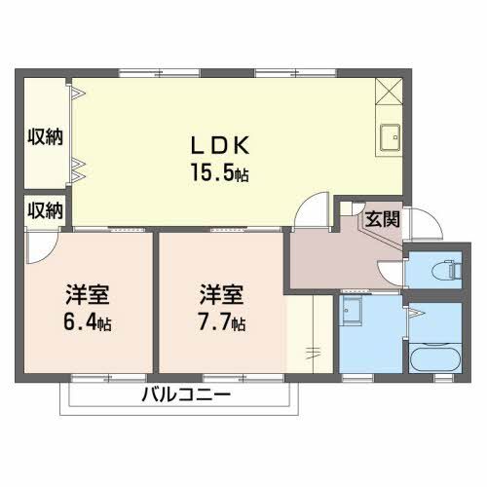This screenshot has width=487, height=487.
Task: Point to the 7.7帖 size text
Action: click(223, 321)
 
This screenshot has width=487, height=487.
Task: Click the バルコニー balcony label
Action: click(184, 395)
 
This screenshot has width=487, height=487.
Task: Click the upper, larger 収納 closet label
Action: click(45, 136)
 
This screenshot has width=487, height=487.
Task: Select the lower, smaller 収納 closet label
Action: click(45, 209)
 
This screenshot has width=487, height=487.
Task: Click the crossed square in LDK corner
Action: click(389, 92)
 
